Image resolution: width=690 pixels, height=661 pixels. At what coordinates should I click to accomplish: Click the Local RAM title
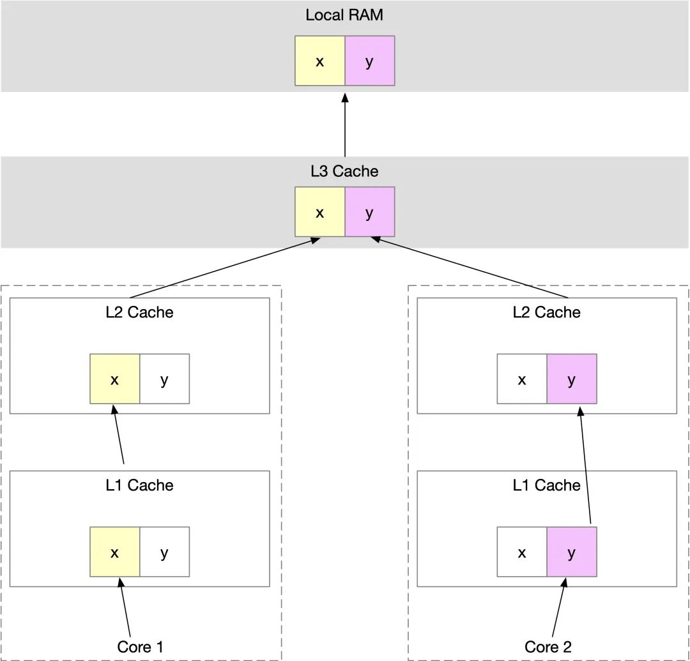(x=344, y=15)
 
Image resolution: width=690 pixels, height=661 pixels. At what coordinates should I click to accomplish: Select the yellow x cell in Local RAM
(x=320, y=61)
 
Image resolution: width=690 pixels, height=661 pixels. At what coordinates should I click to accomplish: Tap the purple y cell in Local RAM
(x=370, y=61)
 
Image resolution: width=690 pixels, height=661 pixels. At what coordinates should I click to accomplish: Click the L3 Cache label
(x=344, y=171)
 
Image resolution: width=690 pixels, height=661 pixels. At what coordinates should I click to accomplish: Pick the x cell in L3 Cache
(x=320, y=211)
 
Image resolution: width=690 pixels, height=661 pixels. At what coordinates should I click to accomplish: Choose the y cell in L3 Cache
(x=370, y=211)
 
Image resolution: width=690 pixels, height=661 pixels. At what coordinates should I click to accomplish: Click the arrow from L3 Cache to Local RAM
(x=345, y=125)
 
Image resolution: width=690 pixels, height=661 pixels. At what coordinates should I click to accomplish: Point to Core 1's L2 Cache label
(x=139, y=312)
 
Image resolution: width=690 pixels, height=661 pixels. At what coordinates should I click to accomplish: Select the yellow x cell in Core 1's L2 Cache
(x=115, y=379)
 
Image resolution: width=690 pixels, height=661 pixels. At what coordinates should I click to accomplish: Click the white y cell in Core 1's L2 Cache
(x=165, y=379)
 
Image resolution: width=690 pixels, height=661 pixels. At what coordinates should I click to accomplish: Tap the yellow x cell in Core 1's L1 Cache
(x=115, y=552)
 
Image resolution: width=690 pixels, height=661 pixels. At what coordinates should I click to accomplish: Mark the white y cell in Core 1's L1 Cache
(x=165, y=552)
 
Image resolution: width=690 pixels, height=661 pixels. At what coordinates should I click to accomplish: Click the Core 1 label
(x=140, y=647)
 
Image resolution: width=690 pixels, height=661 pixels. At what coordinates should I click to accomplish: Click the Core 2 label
(x=548, y=647)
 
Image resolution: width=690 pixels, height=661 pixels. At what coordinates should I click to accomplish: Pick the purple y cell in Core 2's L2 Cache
(x=572, y=379)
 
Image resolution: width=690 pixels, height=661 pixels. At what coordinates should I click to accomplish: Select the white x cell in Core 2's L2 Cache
(x=522, y=379)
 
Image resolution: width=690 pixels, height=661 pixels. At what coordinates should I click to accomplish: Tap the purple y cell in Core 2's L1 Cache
(x=572, y=552)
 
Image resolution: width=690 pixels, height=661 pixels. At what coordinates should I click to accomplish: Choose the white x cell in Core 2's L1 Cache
(x=522, y=552)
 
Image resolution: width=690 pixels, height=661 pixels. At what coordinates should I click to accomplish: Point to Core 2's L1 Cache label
(x=546, y=485)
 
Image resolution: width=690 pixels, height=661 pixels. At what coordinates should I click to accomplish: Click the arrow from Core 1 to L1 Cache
(x=125, y=607)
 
